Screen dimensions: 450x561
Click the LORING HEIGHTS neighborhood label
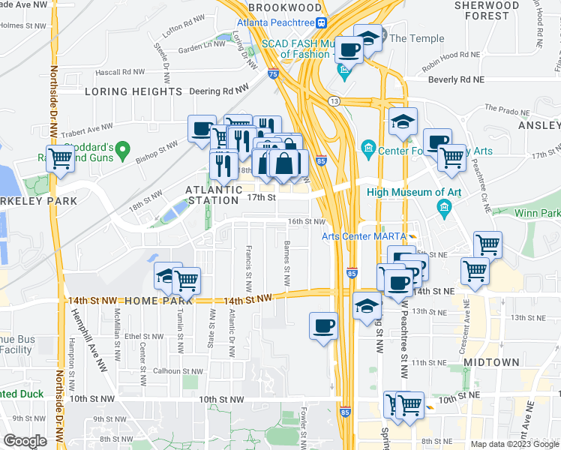[x=133, y=91]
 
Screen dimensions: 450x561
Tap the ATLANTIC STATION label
[x=214, y=196]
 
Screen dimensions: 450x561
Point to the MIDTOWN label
[x=491, y=362]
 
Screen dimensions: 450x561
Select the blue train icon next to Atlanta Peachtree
[x=320, y=22]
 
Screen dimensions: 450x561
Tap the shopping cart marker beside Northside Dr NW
[x=60, y=158]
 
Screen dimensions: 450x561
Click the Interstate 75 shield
[x=274, y=74]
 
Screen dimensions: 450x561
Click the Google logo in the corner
[x=25, y=440]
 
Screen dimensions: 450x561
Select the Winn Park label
[x=535, y=214]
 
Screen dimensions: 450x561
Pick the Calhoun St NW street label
[x=177, y=370]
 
